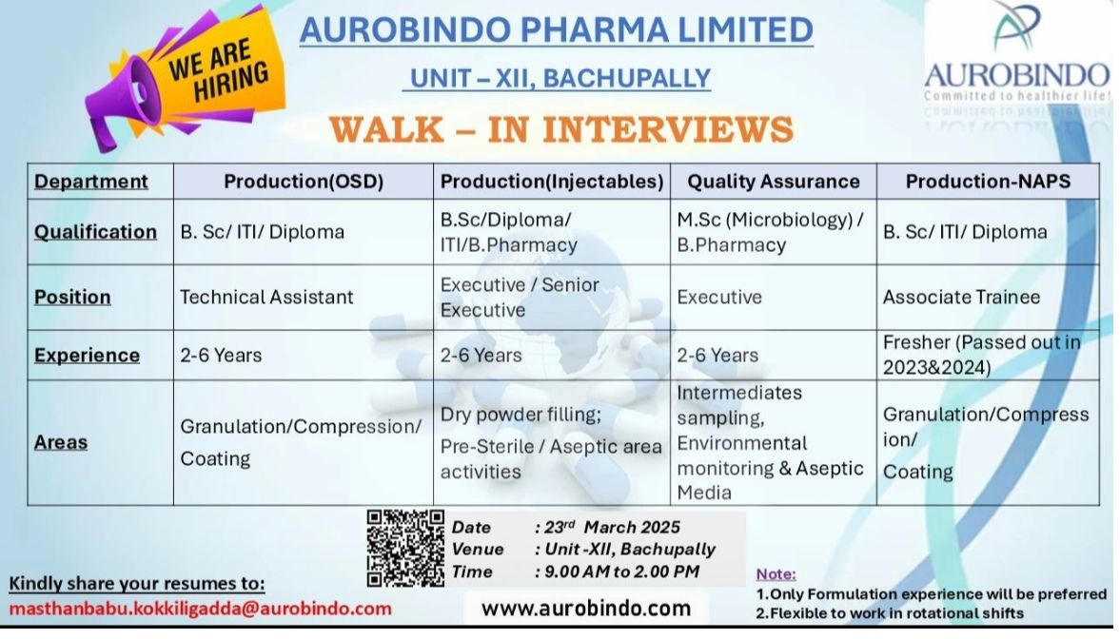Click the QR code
(405, 548)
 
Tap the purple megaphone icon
(128, 99)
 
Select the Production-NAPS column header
(988, 182)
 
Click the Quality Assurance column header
(773, 182)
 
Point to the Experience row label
(88, 355)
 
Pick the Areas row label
(61, 442)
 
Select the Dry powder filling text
(521, 415)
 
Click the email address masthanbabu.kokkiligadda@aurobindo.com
(200, 609)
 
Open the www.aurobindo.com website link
(586, 609)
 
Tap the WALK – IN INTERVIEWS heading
(561, 129)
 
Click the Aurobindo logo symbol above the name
(1016, 29)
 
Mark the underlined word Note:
(776, 574)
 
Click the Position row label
(72, 297)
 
